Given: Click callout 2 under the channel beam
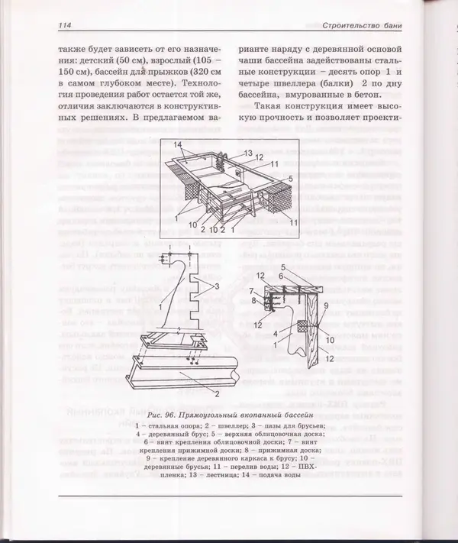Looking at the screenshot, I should (216, 394).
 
